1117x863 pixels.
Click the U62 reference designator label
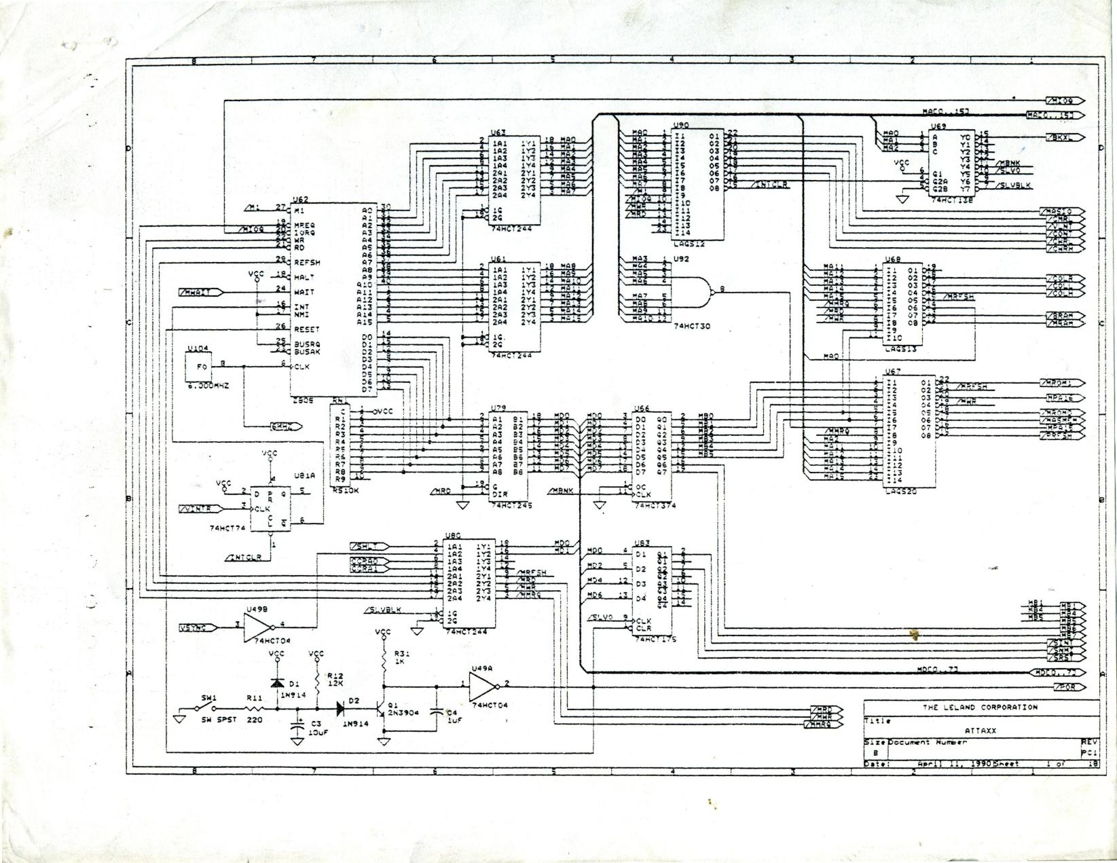pos(299,200)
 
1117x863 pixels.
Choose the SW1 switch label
pos(208,698)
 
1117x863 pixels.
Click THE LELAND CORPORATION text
pos(980,707)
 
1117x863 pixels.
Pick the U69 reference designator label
pos(938,126)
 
